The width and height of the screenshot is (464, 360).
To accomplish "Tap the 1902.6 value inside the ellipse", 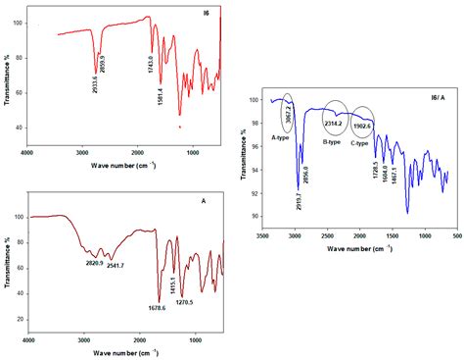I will [362, 121].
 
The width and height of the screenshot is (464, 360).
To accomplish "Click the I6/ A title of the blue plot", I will [436, 100].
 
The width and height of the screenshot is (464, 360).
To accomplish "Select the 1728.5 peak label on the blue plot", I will [372, 173].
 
